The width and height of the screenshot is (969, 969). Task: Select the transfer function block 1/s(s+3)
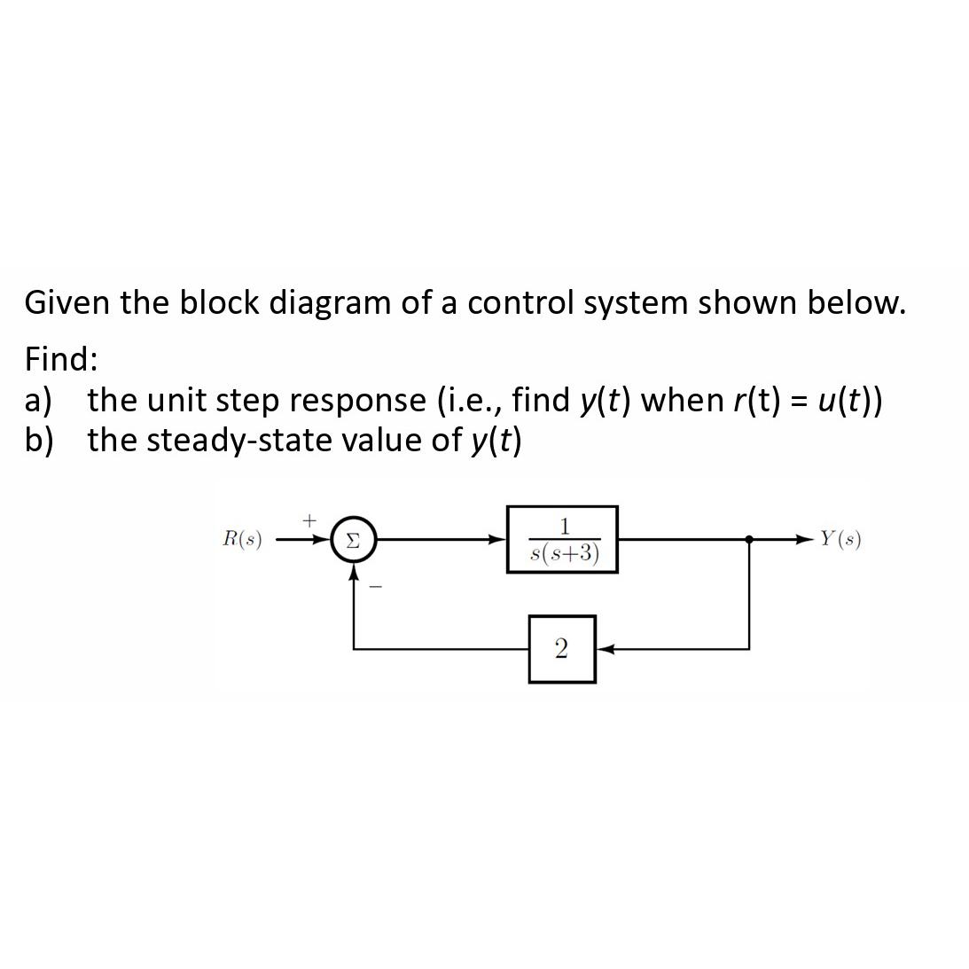click(562, 539)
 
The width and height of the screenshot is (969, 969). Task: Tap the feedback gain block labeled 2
click(561, 649)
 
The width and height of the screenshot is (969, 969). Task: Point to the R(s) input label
click(242, 539)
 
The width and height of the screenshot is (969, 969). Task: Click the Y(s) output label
click(840, 538)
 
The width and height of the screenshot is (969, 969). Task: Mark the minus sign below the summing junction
click(375, 586)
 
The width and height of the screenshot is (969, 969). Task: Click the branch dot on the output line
click(750, 538)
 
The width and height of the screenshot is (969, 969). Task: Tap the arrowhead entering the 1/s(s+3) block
click(499, 538)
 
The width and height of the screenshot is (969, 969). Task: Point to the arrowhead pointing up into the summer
click(354, 572)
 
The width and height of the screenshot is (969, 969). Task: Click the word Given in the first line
click(67, 303)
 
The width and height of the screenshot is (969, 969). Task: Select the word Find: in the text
click(61, 359)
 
